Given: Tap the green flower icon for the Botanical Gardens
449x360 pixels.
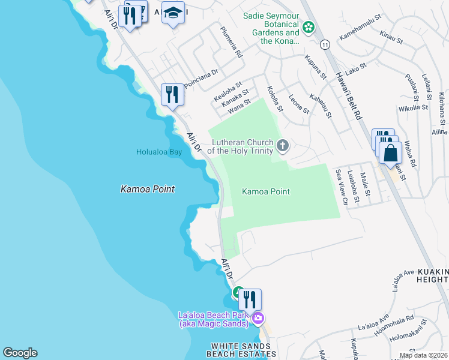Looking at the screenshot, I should [309, 27].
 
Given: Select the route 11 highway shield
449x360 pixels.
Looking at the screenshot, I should [325, 45].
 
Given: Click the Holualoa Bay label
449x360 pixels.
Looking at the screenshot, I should [158, 152].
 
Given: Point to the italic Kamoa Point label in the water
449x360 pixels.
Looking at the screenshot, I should [147, 189].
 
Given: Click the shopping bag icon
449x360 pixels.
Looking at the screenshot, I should [390, 153].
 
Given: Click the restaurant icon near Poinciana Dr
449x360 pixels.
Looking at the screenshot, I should [172, 95].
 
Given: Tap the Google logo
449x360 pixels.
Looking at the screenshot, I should [20, 353].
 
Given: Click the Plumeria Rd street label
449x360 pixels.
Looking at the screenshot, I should [231, 43].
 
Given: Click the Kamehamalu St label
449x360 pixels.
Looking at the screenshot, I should [361, 37].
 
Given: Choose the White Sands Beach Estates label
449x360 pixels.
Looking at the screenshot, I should [238, 350].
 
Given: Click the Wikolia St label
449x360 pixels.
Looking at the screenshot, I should [413, 109].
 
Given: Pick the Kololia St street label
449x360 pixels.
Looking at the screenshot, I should [274, 98].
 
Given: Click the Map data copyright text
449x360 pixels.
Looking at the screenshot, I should [423, 355].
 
